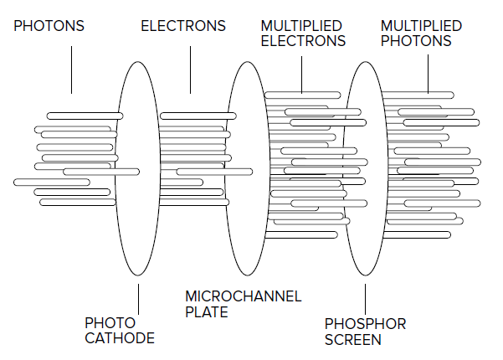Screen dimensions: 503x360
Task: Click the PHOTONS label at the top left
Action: point(49,26)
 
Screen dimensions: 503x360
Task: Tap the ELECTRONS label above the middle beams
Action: point(183,26)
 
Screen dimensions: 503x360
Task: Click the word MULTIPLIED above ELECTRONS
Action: point(301,26)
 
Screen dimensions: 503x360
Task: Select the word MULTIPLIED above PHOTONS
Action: point(421,26)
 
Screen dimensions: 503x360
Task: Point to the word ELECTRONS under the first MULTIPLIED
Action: point(303,41)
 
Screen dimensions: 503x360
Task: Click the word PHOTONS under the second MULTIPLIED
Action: point(416,41)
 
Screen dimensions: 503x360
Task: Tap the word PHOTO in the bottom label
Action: point(110,323)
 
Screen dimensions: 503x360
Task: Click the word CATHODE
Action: point(120,338)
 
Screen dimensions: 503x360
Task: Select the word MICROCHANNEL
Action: point(244,296)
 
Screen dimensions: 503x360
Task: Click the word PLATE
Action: point(207,312)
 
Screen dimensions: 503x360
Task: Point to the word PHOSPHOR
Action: point(366,324)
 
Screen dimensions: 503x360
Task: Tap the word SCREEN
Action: point(353,339)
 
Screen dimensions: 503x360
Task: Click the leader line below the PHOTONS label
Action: point(71,70)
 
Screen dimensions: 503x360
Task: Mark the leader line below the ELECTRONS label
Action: point(190,70)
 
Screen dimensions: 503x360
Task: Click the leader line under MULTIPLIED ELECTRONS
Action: point(301,75)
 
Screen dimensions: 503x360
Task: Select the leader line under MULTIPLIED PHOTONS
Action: point(428,75)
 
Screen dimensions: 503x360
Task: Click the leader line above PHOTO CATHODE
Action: point(139,299)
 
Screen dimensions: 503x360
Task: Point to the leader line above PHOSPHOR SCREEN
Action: point(365,299)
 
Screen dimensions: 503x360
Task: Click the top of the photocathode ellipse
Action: point(137,62)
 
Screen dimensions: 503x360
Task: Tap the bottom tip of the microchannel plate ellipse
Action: point(248,275)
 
